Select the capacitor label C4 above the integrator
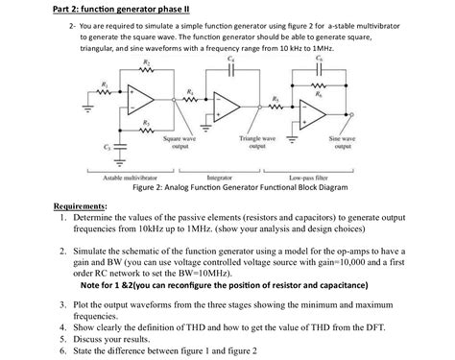[229, 60]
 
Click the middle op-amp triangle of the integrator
[228, 108]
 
